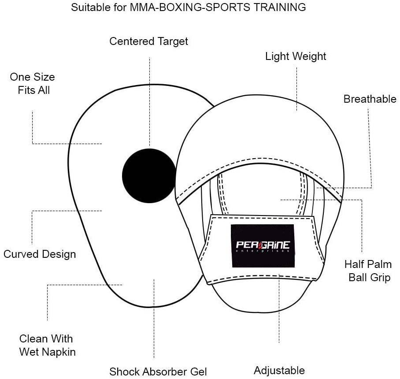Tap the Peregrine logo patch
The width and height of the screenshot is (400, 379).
pyautogui.click(x=263, y=245)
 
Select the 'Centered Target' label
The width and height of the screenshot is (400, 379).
pyautogui.click(x=149, y=41)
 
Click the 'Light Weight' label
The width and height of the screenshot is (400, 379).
pyautogui.click(x=296, y=56)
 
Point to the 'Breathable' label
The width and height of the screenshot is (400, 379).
pyautogui.click(x=370, y=99)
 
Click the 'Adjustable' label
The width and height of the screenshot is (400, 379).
pyautogui.click(x=279, y=370)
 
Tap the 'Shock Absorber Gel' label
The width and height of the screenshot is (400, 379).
pyautogui.click(x=158, y=372)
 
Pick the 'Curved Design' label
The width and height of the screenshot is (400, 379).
pyautogui.click(x=40, y=254)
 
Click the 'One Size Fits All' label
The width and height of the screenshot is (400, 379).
pyautogui.click(x=33, y=83)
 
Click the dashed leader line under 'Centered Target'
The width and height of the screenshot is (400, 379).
pyautogui.click(x=149, y=101)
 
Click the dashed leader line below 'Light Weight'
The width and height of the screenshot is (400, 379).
pyautogui.click(x=296, y=88)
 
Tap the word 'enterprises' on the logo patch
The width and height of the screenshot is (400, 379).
pyautogui.click(x=263, y=251)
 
